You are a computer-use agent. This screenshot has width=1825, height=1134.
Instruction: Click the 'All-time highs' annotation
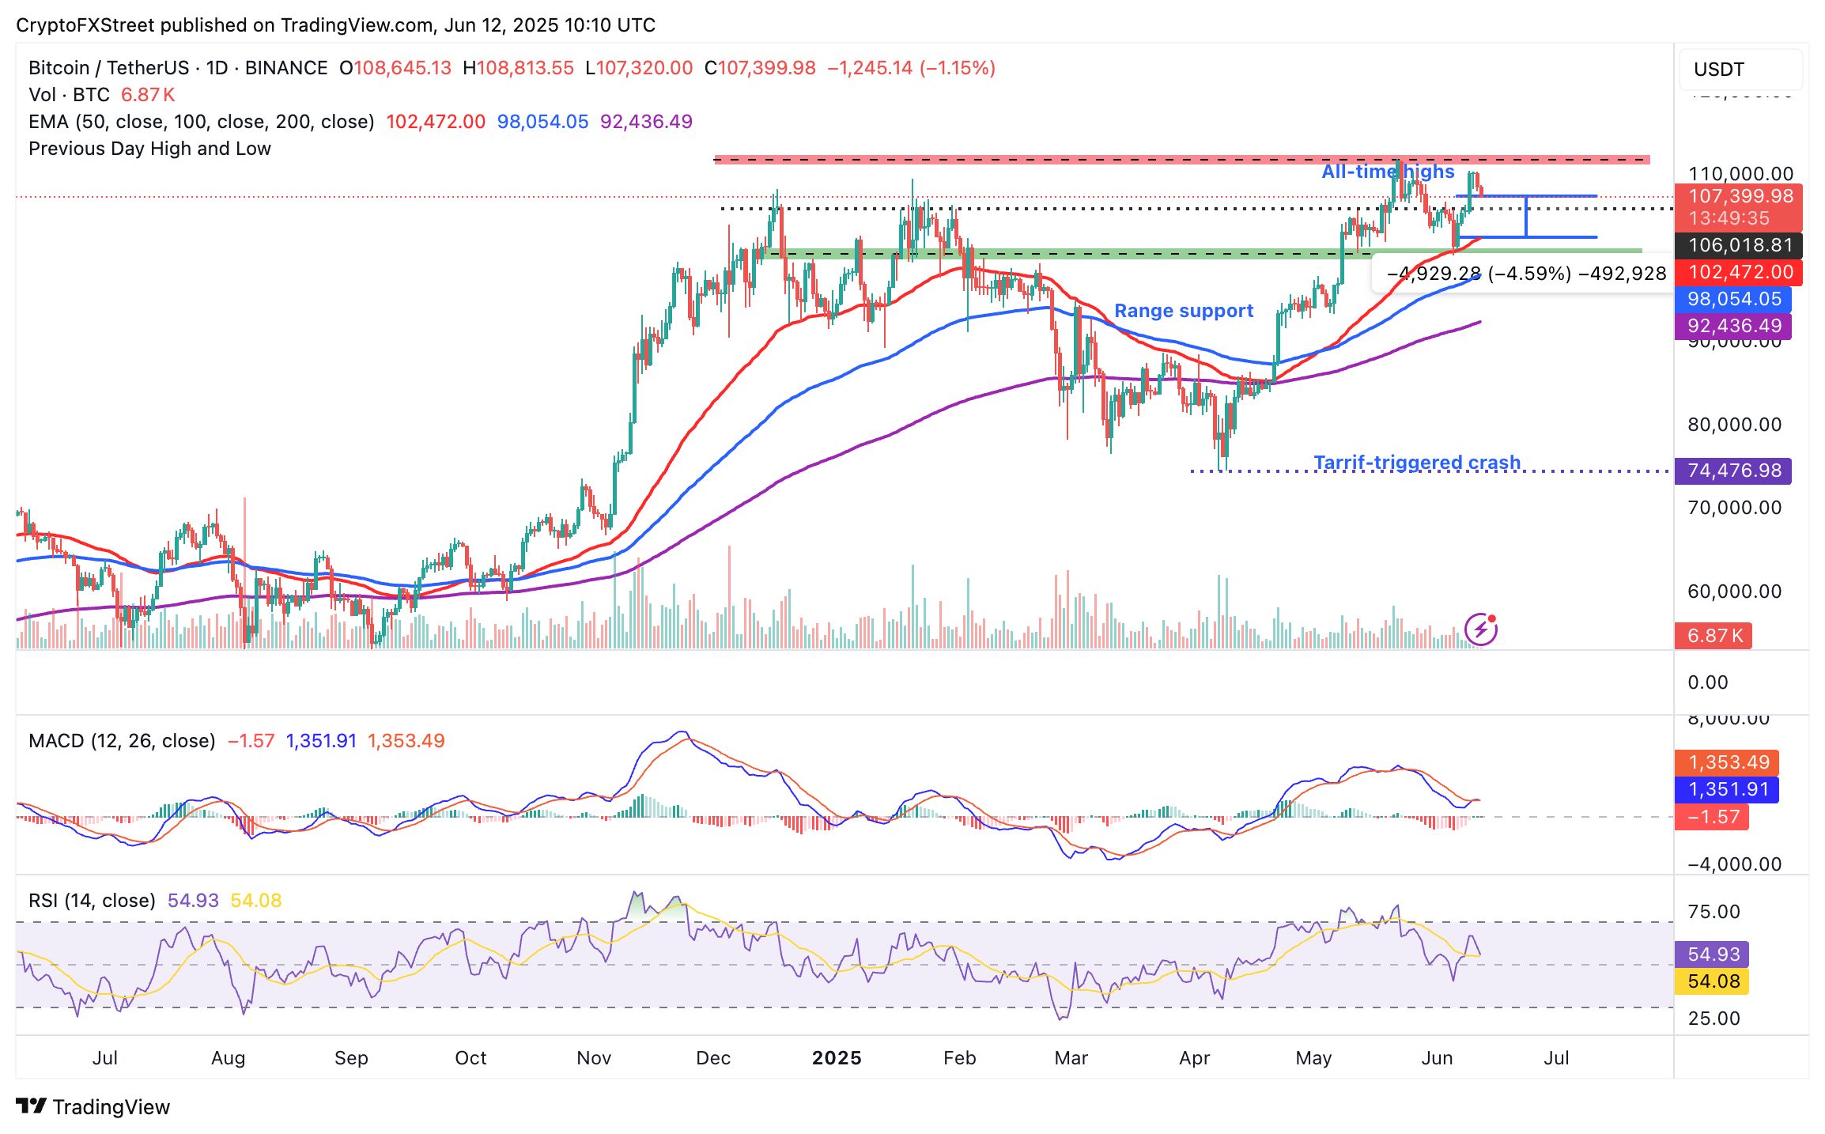coord(1388,172)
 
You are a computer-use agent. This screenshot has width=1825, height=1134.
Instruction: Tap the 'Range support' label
coord(1183,311)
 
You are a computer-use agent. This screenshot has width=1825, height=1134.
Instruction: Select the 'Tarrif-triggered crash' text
coord(1416,462)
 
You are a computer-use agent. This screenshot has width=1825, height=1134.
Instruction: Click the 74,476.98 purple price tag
coord(1733,471)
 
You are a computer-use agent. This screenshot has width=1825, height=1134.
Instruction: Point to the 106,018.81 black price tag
coord(1740,245)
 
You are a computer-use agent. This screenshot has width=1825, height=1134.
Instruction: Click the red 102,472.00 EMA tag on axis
coord(1740,272)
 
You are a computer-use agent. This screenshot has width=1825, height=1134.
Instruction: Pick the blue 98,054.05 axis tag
coord(1733,299)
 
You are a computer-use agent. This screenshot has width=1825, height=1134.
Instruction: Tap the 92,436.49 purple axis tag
coord(1733,326)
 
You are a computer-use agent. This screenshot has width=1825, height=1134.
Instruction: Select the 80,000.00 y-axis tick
coord(1734,425)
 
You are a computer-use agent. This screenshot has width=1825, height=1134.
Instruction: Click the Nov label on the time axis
coord(594,1058)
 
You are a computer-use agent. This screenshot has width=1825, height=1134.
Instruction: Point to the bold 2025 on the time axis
coord(837,1058)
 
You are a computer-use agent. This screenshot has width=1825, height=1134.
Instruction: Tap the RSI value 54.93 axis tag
coord(1713,954)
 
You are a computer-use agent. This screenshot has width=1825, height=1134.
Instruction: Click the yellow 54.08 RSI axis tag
coord(1713,981)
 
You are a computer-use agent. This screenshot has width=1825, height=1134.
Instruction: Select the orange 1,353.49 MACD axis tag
coord(1728,762)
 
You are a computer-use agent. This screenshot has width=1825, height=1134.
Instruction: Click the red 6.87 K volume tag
coord(1714,636)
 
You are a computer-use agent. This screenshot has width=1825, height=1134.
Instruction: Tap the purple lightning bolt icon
coord(1480,630)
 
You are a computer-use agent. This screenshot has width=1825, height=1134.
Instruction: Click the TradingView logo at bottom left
coord(93,1106)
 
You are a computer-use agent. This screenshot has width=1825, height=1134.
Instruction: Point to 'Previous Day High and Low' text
coord(149,149)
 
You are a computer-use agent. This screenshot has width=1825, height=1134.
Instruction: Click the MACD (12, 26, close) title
coord(122,741)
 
